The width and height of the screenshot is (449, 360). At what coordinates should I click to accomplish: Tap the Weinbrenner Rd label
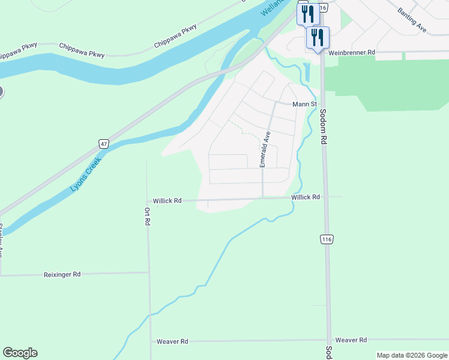tap(352, 53)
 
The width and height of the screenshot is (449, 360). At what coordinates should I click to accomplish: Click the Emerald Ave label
tap(264, 148)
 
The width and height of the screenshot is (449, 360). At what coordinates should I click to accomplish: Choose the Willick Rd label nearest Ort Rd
tap(167, 201)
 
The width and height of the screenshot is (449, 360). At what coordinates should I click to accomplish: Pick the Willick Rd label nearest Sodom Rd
tap(306, 197)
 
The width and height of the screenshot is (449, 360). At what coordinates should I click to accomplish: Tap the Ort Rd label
tap(147, 216)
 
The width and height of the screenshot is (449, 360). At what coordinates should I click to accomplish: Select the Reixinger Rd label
tap(62, 274)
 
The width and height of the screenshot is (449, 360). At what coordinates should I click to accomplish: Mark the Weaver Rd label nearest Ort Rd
tap(172, 341)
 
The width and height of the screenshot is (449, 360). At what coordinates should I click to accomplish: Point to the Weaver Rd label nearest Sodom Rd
tap(351, 340)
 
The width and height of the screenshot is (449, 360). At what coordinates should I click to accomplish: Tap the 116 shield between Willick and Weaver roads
tap(327, 239)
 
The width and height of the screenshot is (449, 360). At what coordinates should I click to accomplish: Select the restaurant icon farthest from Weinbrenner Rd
tap(307, 13)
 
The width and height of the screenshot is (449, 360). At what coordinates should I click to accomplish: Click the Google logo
tap(20, 353)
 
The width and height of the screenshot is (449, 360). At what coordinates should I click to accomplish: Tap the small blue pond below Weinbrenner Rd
tap(307, 73)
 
